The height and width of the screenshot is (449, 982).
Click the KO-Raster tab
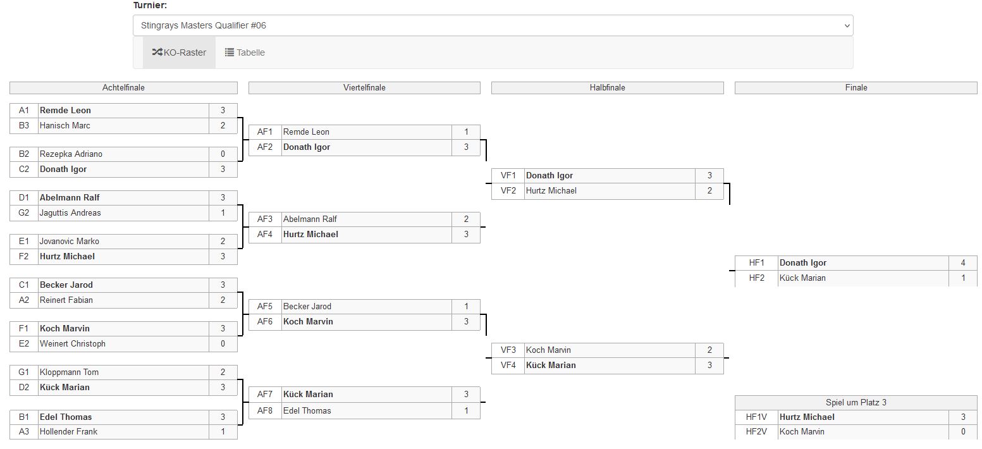coord(179,52)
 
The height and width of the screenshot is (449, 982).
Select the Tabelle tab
coord(245,52)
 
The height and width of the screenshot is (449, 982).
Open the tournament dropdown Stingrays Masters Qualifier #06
coord(493,25)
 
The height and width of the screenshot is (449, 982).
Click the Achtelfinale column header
coord(123,88)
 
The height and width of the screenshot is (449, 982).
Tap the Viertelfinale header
coord(364,88)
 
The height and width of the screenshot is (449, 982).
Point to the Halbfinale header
coord(607,88)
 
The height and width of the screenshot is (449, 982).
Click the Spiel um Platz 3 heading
coord(856,403)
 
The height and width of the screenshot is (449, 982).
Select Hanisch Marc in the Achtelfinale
coord(65,126)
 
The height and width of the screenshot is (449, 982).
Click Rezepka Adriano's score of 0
coord(223,154)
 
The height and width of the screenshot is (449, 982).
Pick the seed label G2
coord(23,213)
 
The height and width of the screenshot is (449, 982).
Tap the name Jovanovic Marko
coord(70,242)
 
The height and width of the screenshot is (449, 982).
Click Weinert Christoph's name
coord(72,344)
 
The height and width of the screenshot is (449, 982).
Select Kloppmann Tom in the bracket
coord(69,372)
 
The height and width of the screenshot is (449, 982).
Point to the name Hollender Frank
coord(68,432)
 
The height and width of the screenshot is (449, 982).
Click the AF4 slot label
coord(265,235)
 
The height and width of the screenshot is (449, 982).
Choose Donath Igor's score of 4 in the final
coord(962,263)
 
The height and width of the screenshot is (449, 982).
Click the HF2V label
coord(756,432)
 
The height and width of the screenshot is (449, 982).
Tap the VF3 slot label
coord(508,350)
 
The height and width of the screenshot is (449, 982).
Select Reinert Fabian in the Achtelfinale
coord(66,300)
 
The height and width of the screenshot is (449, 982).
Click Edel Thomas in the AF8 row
coord(307,411)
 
